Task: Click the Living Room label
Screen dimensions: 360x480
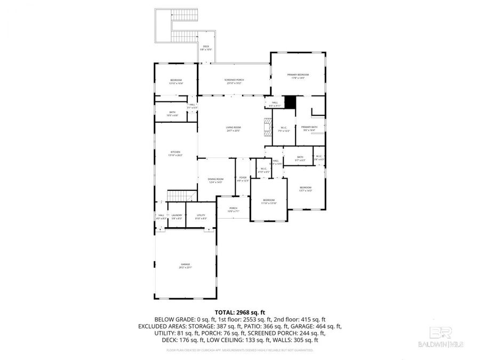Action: tap(233, 129)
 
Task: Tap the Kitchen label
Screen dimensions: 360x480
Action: tap(175, 153)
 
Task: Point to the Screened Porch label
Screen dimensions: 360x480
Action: tap(234, 81)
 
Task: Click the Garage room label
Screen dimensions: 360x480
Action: tap(185, 266)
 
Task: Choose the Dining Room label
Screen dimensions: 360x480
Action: tap(215, 180)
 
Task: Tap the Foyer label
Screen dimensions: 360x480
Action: tap(243, 179)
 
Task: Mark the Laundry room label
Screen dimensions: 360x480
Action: tap(177, 216)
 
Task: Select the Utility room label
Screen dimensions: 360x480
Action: tap(201, 216)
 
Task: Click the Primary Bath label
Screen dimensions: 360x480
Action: tap(309, 128)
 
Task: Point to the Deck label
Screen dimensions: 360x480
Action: tap(206, 48)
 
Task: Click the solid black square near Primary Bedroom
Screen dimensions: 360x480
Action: tap(290, 102)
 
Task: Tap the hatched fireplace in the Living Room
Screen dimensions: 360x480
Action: tap(266, 128)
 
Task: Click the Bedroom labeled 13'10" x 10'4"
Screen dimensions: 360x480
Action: tap(175, 81)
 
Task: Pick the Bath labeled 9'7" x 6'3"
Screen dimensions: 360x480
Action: tap(300, 158)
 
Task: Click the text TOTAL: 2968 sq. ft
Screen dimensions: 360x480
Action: tap(239, 313)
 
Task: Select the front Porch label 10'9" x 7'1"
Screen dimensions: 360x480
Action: tap(233, 209)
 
